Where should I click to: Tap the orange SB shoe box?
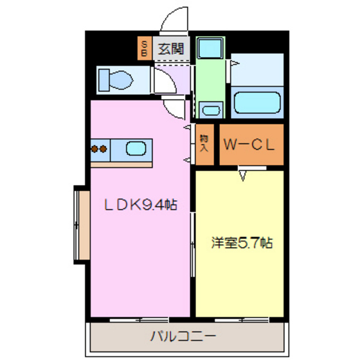pos(145,48)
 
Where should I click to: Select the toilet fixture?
pos(118,80)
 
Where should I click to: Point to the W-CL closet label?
pos(250,145)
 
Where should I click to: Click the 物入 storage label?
pos(204,142)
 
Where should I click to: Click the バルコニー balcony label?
pos(183,335)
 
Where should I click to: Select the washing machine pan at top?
pos(209,48)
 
